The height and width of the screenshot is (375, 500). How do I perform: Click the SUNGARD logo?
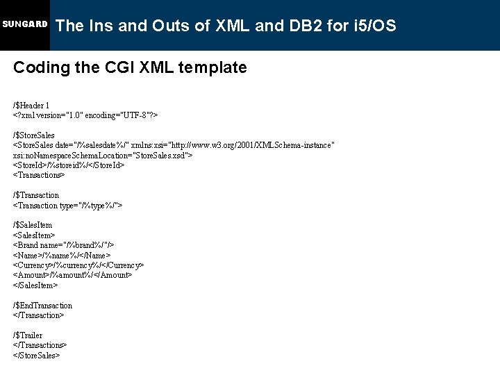coord(24,24)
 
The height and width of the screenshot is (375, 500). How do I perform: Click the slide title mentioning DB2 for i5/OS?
coord(226,26)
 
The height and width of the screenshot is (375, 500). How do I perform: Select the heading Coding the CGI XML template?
coord(130,67)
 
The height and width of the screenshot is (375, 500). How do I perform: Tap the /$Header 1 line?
coord(31,105)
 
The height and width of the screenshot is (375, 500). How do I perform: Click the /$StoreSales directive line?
coord(34,135)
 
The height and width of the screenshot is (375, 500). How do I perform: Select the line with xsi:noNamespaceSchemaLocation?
coord(103,155)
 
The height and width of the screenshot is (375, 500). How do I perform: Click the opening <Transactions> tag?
coord(39,175)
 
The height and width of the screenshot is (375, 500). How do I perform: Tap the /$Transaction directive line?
coord(36,195)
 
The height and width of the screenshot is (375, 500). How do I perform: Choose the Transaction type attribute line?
coord(68,206)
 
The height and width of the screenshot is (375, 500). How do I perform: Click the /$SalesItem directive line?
coord(33,225)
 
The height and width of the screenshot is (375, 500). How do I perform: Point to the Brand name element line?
coord(64,245)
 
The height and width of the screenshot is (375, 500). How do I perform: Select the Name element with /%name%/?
coord(62,256)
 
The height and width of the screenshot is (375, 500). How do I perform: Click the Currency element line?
coord(78,265)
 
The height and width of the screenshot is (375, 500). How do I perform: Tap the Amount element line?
coord(72,275)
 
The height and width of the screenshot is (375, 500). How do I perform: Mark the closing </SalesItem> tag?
coord(35,285)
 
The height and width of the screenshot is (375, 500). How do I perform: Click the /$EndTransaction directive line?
coord(42,306)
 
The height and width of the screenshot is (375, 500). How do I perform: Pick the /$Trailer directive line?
coord(28,335)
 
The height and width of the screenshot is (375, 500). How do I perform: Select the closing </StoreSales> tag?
coord(37,355)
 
